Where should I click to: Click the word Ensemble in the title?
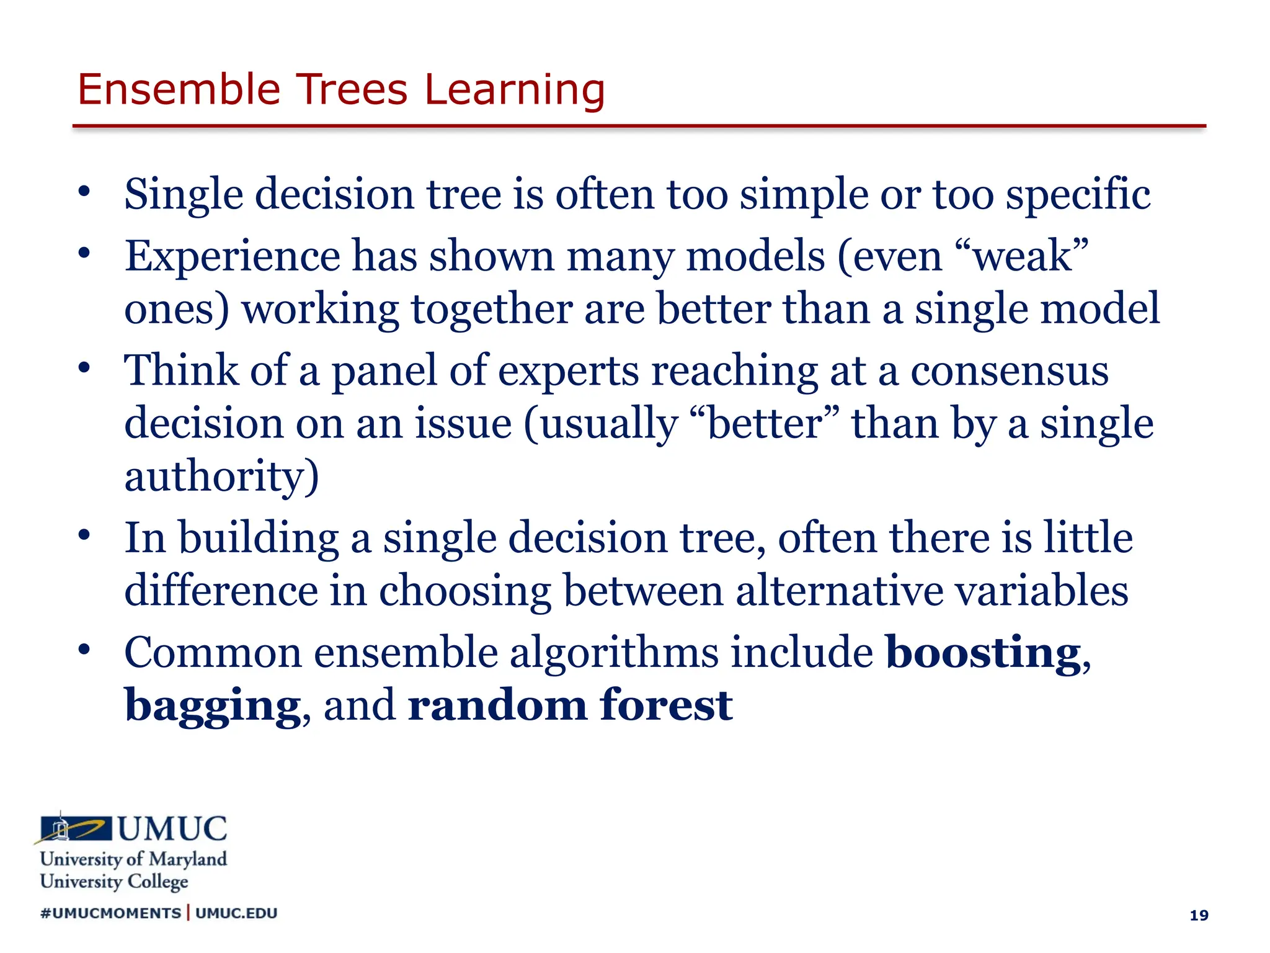click(x=179, y=89)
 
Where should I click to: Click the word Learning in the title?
click(x=514, y=91)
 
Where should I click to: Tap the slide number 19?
click(x=1199, y=915)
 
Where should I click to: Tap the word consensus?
click(x=1009, y=371)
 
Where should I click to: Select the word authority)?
click(x=221, y=476)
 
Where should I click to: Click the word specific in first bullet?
click(x=1078, y=195)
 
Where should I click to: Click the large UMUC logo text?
click(x=172, y=830)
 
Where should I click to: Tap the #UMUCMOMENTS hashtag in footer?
click(x=110, y=913)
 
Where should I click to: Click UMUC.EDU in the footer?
click(x=236, y=913)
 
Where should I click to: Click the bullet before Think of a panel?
click(x=85, y=367)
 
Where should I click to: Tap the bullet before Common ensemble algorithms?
click(x=85, y=650)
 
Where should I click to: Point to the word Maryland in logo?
click(x=188, y=859)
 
